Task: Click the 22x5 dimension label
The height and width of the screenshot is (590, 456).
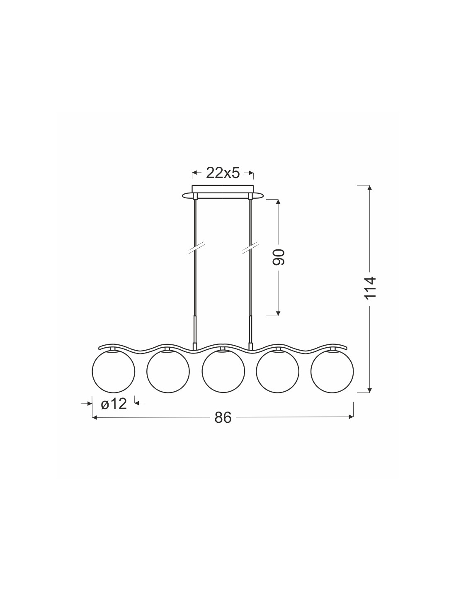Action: [x=223, y=173]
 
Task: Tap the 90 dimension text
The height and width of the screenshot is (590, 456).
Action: [x=279, y=257]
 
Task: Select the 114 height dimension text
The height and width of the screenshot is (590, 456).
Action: [x=370, y=288]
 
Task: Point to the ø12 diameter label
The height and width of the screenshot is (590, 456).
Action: [x=114, y=412]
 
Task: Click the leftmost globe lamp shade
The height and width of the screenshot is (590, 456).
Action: [x=114, y=371]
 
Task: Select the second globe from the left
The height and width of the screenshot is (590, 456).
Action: [x=168, y=371]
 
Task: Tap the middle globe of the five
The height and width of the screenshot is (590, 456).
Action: [x=223, y=371]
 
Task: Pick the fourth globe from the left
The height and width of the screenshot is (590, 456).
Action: [x=277, y=371]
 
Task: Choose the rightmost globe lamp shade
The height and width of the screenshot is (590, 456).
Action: [x=332, y=371]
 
